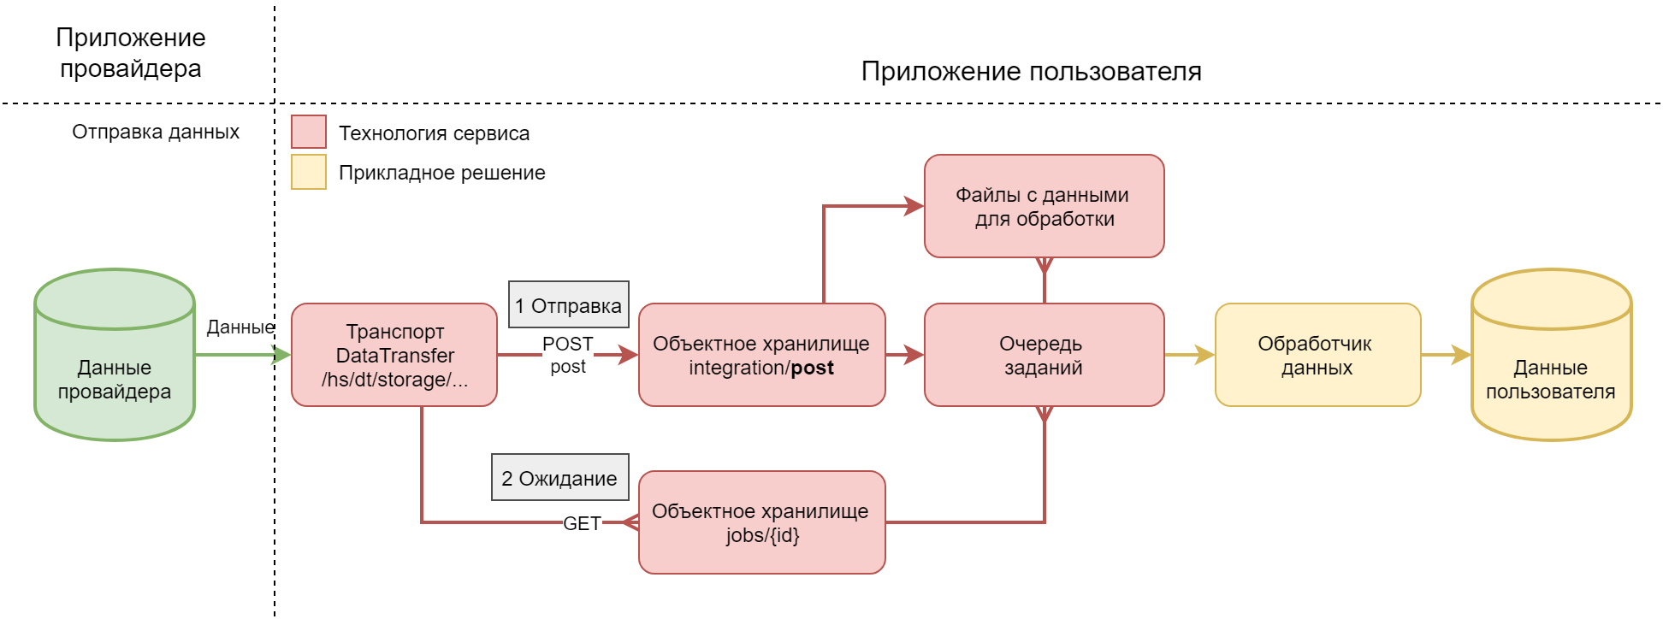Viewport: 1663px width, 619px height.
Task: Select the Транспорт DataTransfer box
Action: (x=394, y=355)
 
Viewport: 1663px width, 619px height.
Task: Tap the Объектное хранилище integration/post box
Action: (x=761, y=355)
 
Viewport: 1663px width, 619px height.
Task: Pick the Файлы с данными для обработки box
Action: (x=1044, y=206)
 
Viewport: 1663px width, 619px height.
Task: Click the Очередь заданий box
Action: (x=1044, y=355)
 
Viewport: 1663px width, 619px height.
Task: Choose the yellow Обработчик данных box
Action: (x=1317, y=355)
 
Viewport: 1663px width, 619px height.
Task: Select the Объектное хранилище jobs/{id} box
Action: (x=761, y=522)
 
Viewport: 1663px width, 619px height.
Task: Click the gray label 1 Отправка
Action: (x=569, y=305)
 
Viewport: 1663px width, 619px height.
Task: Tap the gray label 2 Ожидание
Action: (x=559, y=478)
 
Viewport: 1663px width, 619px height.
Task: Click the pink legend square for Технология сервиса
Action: (x=309, y=133)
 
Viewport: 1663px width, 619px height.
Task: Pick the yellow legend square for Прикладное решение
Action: (x=309, y=172)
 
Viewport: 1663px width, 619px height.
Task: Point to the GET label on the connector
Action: (x=582, y=523)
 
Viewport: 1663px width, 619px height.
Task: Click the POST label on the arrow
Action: (x=567, y=344)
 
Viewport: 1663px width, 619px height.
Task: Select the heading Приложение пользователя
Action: (x=1031, y=71)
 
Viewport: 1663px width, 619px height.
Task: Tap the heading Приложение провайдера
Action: (x=131, y=53)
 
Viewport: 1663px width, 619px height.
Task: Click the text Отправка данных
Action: (x=156, y=132)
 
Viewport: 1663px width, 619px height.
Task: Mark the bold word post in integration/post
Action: (x=812, y=368)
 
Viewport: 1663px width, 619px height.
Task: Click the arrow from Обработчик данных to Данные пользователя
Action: (x=1446, y=355)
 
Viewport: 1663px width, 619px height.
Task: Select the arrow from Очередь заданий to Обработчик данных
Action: (x=1189, y=355)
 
